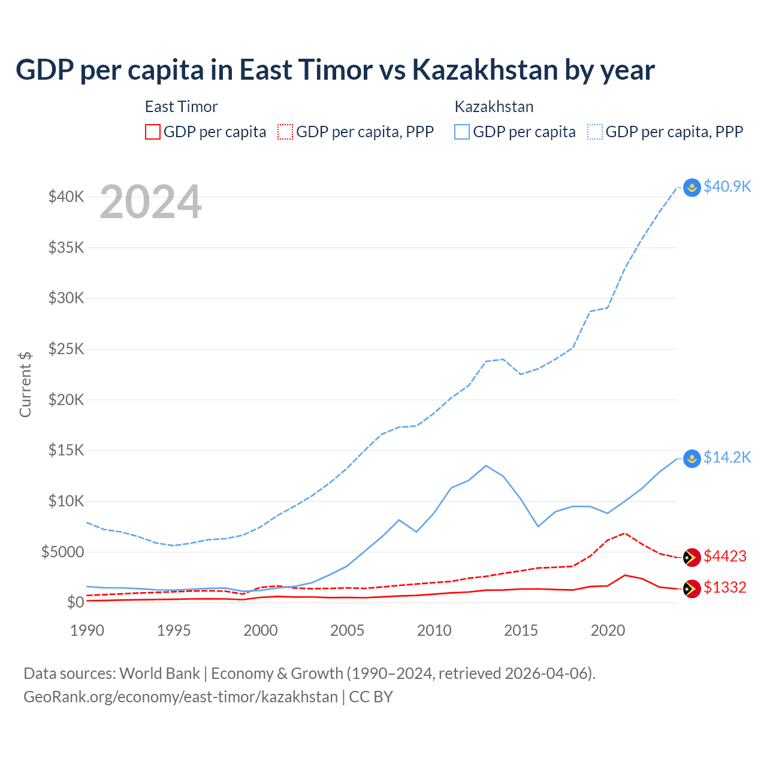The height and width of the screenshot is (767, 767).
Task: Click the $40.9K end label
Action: click(x=727, y=186)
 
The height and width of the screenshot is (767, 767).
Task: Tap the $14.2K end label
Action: click(x=727, y=457)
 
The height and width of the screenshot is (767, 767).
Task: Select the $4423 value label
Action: click(x=725, y=556)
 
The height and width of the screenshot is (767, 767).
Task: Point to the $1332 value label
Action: click(x=725, y=587)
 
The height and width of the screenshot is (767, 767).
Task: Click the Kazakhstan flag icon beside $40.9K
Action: click(x=692, y=188)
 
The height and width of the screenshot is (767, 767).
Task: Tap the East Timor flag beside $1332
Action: click(x=692, y=588)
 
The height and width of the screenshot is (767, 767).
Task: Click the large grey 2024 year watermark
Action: click(x=150, y=203)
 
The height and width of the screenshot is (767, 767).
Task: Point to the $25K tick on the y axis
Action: click(x=66, y=349)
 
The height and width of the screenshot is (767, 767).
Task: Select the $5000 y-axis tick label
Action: click(x=62, y=552)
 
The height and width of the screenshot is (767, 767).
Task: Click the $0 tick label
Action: click(x=75, y=602)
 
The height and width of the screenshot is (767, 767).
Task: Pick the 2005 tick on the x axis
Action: click(x=347, y=630)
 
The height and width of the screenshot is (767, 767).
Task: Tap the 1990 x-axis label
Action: click(x=87, y=630)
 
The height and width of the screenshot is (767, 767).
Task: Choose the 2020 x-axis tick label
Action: click(x=608, y=630)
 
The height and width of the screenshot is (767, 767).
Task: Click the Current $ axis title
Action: click(x=25, y=385)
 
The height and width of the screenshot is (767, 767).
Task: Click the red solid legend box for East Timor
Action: click(x=153, y=132)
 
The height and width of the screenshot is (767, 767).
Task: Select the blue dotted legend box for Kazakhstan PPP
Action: click(x=594, y=132)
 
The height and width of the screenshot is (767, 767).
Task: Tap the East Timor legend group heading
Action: click(x=181, y=107)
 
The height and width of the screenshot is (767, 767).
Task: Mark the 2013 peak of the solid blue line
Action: click(x=486, y=466)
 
